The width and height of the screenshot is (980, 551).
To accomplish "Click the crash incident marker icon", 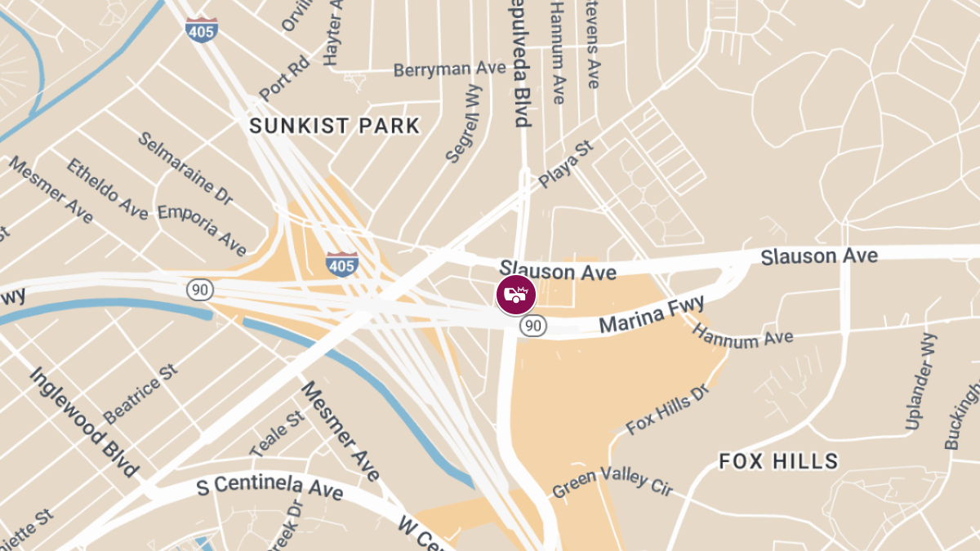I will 516,295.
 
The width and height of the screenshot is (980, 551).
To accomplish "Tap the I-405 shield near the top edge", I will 201,31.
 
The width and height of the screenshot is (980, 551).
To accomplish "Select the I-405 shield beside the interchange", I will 341,264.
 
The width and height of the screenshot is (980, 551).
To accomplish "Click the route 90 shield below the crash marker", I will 532,326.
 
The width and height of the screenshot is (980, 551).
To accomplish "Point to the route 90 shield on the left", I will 199,289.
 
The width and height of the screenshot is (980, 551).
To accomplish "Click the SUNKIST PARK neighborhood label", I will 334,126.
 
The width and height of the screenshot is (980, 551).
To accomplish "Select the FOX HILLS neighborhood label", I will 778,461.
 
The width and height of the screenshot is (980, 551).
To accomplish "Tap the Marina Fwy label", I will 651,314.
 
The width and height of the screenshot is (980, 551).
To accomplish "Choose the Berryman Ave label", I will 449,69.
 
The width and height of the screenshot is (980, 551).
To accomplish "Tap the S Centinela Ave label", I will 270,488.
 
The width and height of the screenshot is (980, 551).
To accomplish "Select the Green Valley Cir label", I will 612,482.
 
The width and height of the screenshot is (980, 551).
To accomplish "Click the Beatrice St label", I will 140,395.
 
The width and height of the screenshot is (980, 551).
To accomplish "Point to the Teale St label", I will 277,433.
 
